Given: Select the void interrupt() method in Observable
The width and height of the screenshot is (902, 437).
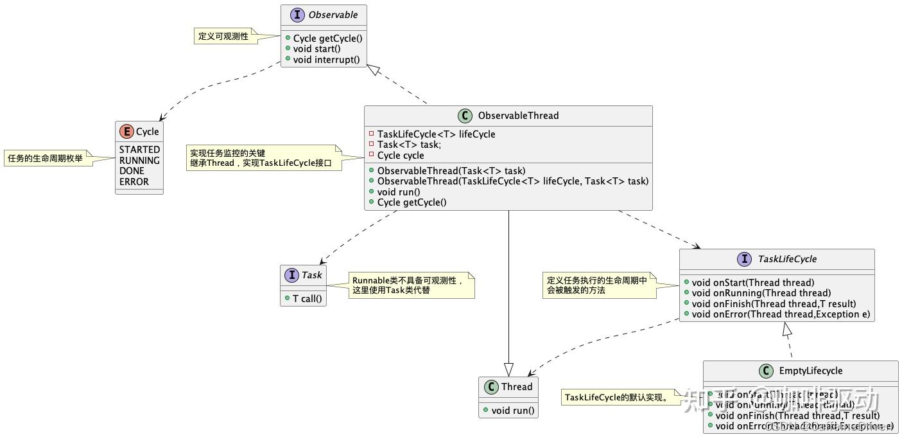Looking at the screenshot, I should [327, 60].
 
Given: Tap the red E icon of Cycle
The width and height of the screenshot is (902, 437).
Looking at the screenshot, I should [126, 132].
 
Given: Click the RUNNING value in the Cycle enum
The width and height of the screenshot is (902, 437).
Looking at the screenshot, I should [139, 161].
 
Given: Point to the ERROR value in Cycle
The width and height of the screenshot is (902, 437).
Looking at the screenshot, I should [134, 181].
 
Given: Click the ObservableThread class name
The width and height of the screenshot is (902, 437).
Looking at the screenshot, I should [518, 116].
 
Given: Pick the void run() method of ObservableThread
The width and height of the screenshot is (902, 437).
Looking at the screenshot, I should [399, 192].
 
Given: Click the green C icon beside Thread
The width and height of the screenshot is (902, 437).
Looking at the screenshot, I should [491, 387].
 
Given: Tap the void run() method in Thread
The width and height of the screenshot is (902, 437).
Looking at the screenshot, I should [513, 410].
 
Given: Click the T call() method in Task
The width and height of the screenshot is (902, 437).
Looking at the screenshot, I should [307, 298].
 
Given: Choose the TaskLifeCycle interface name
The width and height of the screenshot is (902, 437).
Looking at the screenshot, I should [787, 259].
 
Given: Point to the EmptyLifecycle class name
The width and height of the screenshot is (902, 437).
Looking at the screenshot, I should [810, 371].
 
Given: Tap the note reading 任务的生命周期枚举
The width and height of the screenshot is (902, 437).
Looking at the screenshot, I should [46, 158].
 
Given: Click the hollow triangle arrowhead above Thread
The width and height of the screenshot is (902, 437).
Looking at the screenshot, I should [508, 369].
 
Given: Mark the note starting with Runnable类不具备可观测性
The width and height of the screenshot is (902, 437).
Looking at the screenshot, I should [408, 285].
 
